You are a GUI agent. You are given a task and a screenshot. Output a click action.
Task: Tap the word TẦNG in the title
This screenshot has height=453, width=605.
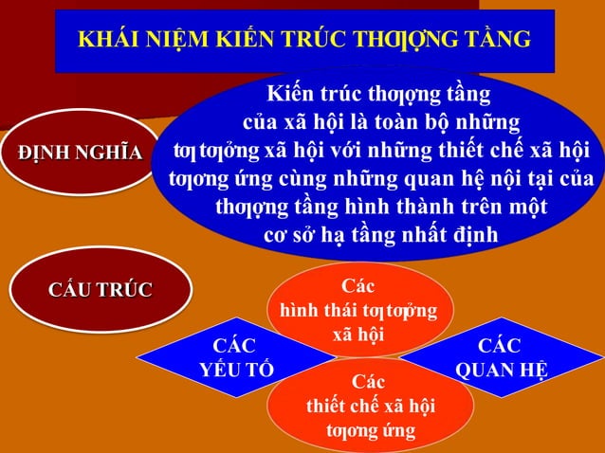click(x=495, y=39)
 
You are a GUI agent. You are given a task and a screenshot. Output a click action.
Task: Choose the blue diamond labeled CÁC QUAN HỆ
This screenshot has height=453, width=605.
click(x=500, y=357)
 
